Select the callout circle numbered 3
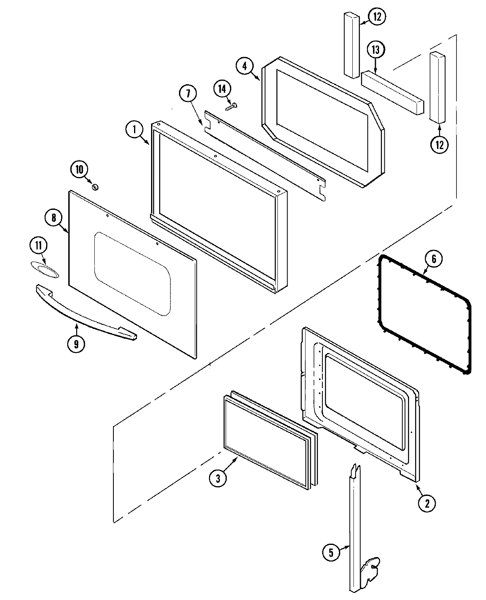coord(218,478)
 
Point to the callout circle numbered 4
coord(245,66)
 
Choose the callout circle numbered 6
coord(434,259)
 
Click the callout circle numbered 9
coord(76,344)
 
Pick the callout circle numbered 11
coord(38,246)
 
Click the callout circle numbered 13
coord(376,50)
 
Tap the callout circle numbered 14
coord(223,89)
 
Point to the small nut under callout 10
coord(96,187)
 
